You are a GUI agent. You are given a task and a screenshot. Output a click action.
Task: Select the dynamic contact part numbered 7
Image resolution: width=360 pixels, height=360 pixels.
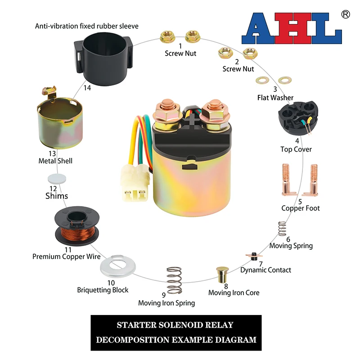[253, 257]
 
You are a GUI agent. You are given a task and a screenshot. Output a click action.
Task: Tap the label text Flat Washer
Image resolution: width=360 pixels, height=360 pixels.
[275, 98]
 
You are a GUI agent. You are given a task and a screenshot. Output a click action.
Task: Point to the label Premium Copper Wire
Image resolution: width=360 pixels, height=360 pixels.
[66, 257]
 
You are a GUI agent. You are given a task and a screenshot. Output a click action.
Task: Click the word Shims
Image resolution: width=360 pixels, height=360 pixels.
[57, 196]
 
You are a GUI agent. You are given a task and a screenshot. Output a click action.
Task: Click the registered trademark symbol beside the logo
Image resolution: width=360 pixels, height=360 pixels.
[346, 14]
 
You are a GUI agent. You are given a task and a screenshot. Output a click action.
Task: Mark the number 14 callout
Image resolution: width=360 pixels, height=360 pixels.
[87, 88]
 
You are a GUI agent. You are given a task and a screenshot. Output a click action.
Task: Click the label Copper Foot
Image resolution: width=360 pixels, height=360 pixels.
[301, 208]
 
